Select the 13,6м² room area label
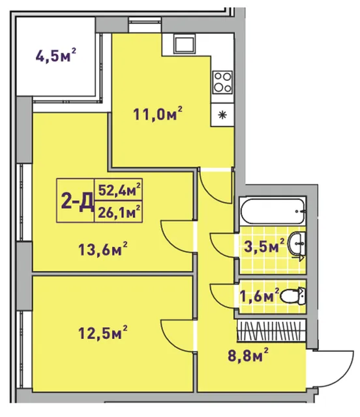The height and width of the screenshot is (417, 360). click(103, 249)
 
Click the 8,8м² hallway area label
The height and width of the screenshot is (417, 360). click(248, 355)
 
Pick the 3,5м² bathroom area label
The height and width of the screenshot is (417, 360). click(264, 246)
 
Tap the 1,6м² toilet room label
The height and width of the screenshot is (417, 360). click(260, 295)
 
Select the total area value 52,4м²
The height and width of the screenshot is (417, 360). click(119, 190)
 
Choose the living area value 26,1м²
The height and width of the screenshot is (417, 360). click(119, 212)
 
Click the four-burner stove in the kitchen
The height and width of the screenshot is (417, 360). click(222, 82)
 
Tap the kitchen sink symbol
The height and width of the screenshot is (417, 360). click(184, 44)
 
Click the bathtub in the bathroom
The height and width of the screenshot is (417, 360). click(273, 211)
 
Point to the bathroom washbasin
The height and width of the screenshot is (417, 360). click(297, 243)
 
